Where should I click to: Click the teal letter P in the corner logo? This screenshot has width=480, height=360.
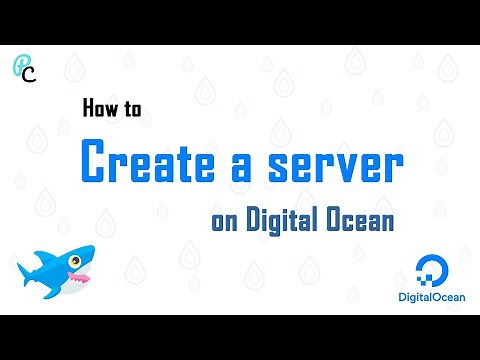[x=21, y=65]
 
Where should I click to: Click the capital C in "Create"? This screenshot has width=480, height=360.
[x=96, y=163]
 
